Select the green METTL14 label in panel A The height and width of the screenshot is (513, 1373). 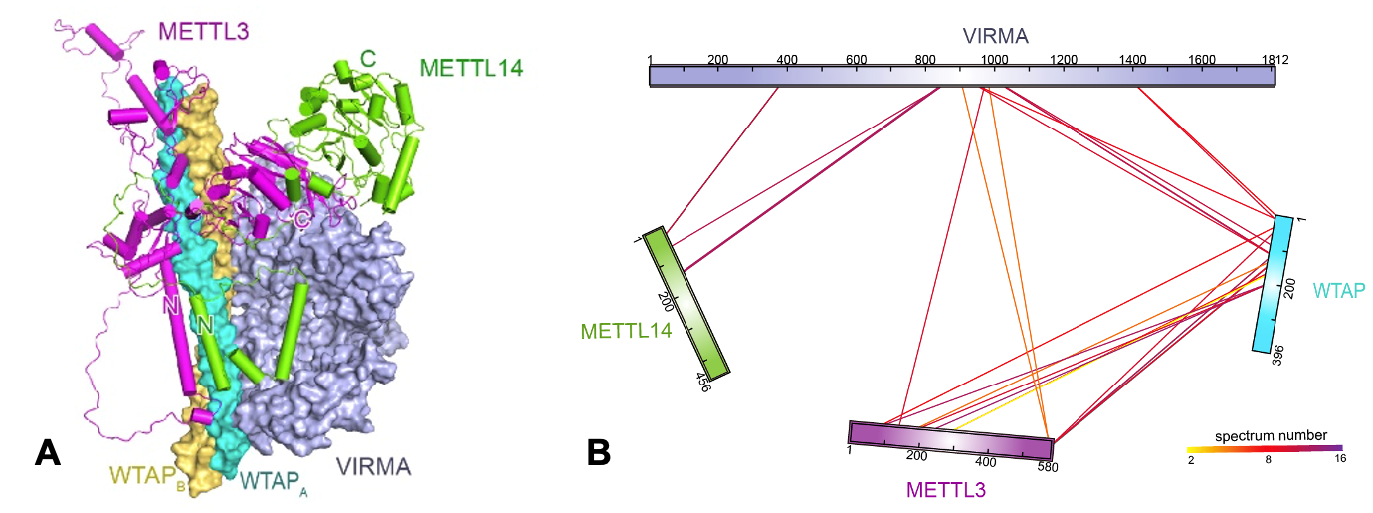[x=472, y=68]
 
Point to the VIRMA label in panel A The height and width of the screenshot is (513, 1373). [x=375, y=466]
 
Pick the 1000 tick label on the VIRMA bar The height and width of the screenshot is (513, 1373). [x=993, y=60]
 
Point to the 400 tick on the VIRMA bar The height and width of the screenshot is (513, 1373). [x=787, y=60]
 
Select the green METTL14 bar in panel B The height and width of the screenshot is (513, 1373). [x=686, y=302]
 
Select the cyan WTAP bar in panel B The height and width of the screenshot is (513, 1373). [x=1273, y=284]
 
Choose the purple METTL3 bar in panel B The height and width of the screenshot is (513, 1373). [x=950, y=439]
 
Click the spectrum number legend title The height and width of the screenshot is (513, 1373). [x=1271, y=436]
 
